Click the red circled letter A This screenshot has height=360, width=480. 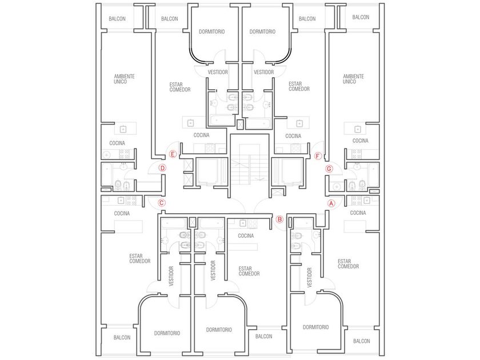click(x=331, y=203)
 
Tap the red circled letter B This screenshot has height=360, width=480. click(x=279, y=218)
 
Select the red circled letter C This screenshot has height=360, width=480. click(x=161, y=203)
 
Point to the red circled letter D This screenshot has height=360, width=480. click(x=162, y=168)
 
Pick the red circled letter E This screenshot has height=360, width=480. click(x=173, y=153)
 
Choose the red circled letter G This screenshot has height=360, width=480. click(x=329, y=169)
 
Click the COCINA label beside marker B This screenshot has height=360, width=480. click(x=245, y=235)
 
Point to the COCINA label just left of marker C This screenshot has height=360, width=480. click(x=122, y=213)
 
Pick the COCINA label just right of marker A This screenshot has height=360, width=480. click(x=358, y=213)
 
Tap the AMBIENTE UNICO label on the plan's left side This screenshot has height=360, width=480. click(x=120, y=79)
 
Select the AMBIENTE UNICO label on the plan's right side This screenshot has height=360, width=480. click(x=353, y=79)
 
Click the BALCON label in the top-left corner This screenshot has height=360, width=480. click(x=118, y=19)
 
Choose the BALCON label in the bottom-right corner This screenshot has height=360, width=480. click(x=362, y=341)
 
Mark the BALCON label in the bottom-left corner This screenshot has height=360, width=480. click(x=122, y=337)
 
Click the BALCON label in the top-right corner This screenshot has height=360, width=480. click(x=361, y=18)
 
